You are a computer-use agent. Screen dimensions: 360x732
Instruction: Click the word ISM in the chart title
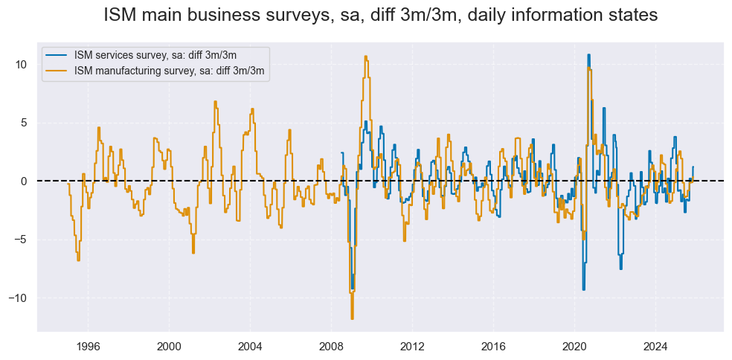click(121, 15)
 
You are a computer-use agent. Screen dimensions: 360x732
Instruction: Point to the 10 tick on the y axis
click(22, 65)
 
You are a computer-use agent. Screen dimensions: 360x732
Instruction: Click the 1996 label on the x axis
click(88, 346)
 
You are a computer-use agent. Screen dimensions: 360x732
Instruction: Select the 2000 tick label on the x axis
click(169, 346)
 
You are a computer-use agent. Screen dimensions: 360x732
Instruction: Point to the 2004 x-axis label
click(250, 346)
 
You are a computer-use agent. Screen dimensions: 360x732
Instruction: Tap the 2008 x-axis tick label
click(331, 346)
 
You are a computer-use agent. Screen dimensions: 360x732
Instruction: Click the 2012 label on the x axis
click(412, 346)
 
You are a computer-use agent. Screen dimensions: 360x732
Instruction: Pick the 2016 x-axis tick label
click(493, 346)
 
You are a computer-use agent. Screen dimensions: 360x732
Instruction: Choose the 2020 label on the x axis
click(574, 346)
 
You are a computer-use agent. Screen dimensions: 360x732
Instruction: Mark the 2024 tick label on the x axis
click(655, 346)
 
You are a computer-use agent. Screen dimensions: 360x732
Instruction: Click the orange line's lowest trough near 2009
click(352, 318)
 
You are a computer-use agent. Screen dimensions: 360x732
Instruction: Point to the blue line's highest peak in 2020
click(588, 55)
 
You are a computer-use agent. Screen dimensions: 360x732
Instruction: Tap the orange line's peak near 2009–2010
click(365, 57)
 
